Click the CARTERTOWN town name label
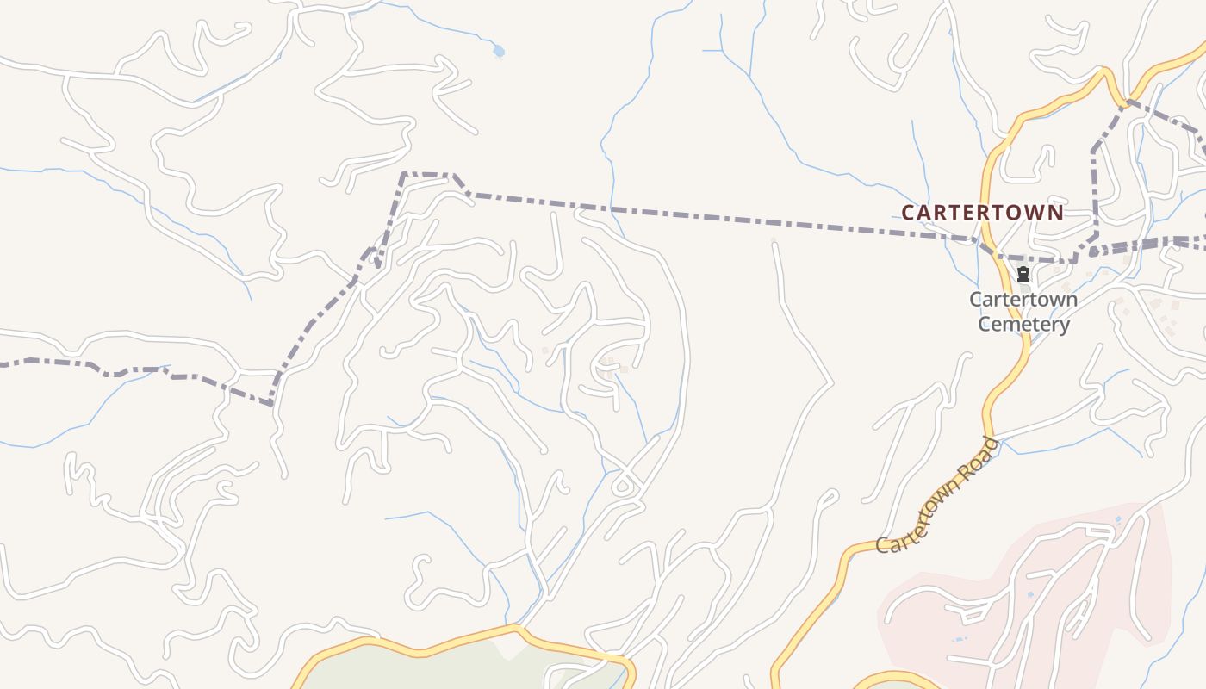tap(982, 212)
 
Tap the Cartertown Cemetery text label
tap(1023, 312)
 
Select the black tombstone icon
tap(1023, 275)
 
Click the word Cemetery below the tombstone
tap(1023, 325)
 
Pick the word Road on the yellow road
tap(981, 457)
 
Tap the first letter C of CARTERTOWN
tap(908, 212)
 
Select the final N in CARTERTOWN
tap(1056, 212)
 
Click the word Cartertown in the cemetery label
tap(1023, 300)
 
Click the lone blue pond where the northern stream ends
tap(498, 52)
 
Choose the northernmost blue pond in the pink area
tap(1118, 519)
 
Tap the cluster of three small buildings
tap(610, 367)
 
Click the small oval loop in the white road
tap(623, 487)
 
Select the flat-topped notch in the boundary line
tap(427, 175)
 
